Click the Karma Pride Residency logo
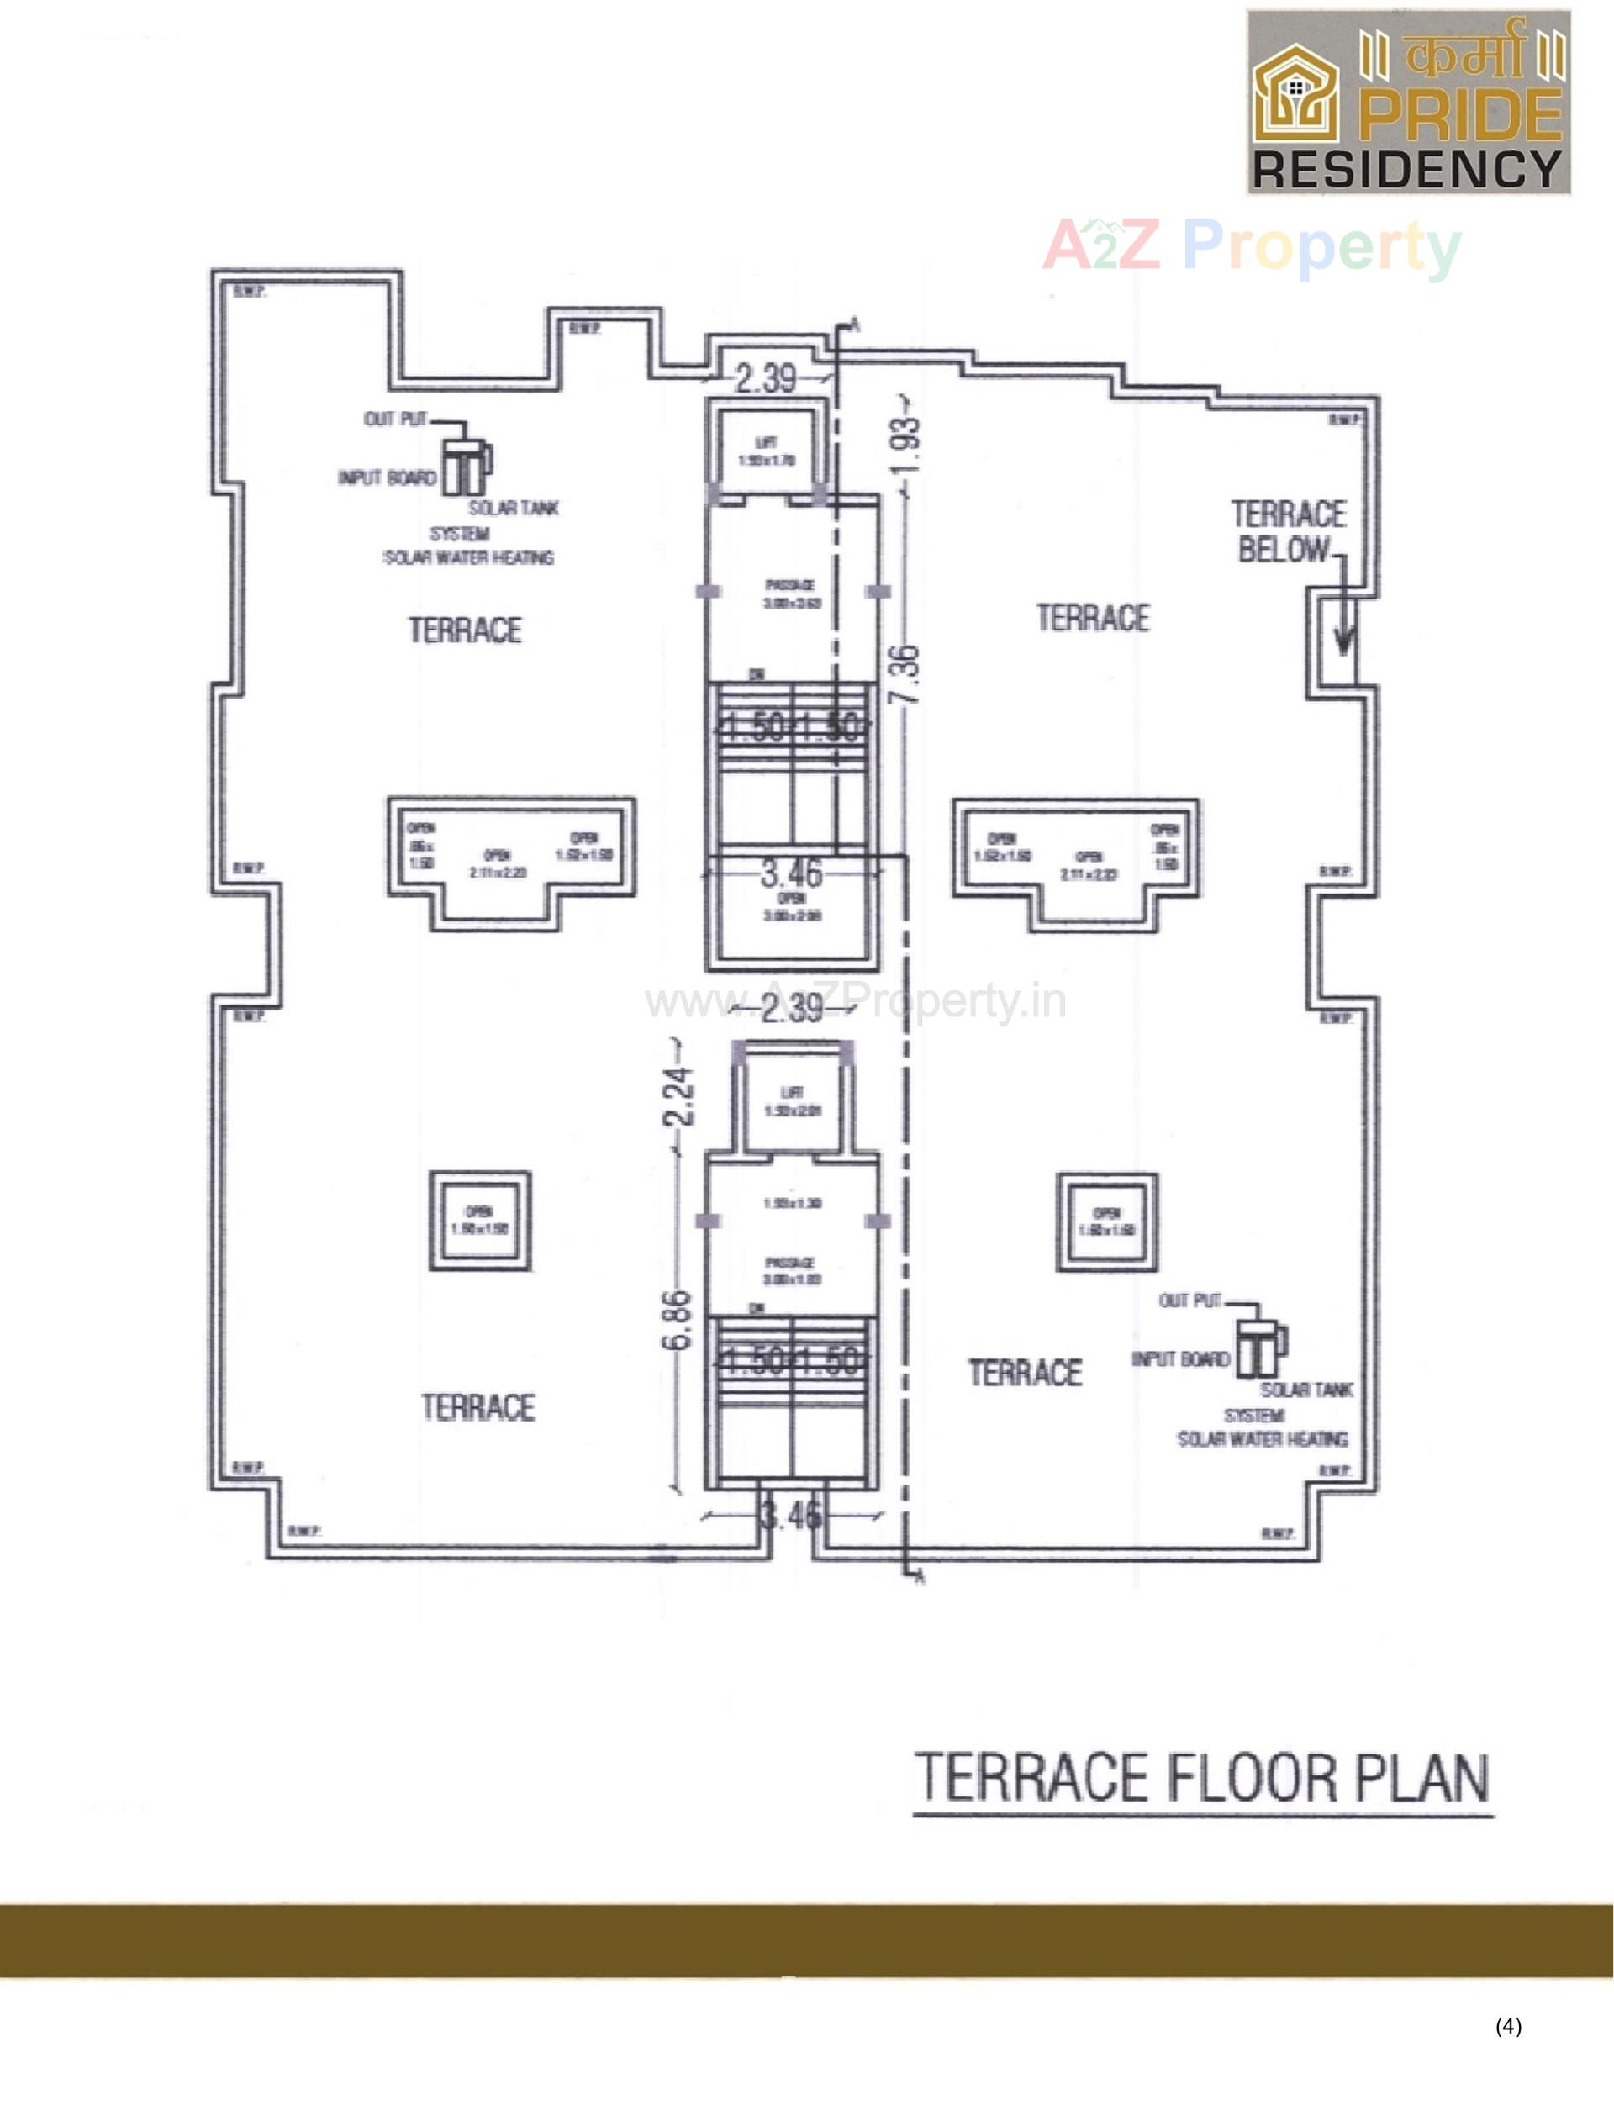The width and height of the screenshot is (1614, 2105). (1408, 102)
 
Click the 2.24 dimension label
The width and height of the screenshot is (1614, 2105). (679, 1097)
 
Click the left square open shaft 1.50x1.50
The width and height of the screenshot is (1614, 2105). (479, 1220)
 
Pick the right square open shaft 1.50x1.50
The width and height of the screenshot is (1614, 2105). (1107, 1222)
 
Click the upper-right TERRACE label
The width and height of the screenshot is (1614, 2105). (1092, 618)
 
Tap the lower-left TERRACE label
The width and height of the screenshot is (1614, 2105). (477, 1407)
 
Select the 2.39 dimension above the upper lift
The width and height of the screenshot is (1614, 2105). (766, 378)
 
